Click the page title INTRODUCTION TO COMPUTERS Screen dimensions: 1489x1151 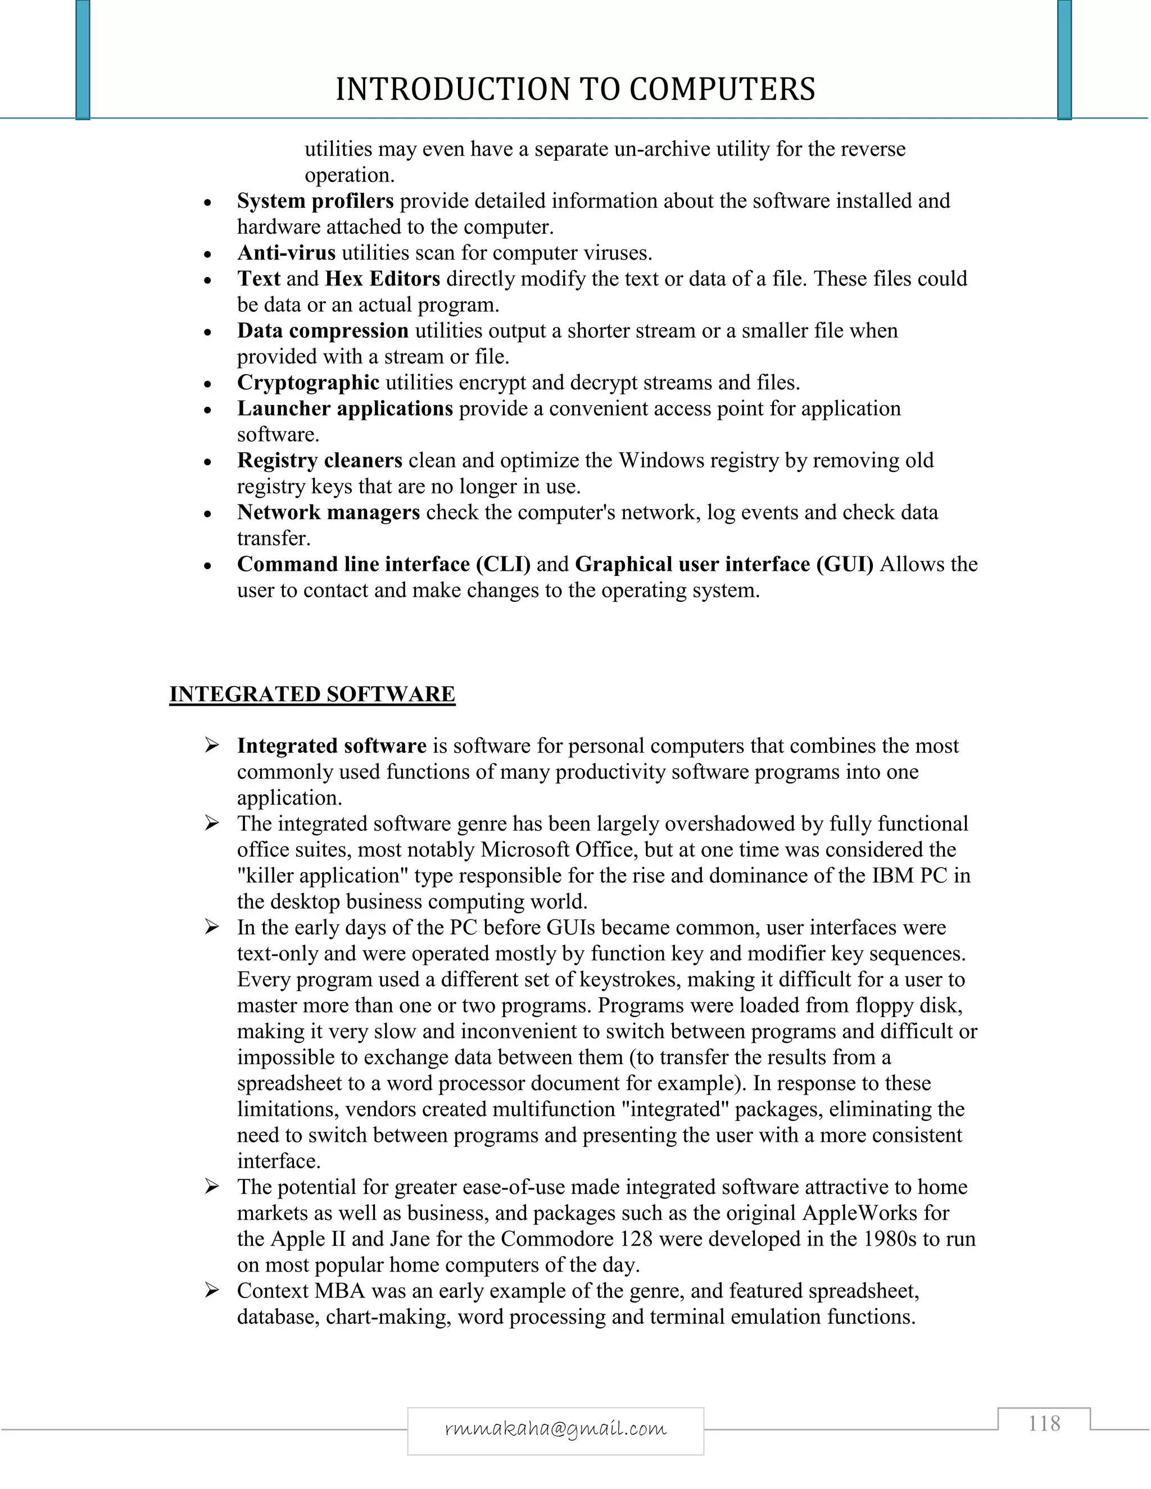click(575, 89)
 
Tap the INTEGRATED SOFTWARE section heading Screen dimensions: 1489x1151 click(312, 694)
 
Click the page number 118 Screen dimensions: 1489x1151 click(1044, 1424)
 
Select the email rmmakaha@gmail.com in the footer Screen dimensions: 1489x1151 click(555, 1428)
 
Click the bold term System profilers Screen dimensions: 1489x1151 click(315, 201)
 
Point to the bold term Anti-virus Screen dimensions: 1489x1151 click(287, 253)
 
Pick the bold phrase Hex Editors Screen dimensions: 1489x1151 click(383, 279)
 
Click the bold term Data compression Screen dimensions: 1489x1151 click(323, 330)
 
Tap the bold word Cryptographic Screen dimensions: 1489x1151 click(308, 383)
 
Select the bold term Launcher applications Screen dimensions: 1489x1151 click(345, 408)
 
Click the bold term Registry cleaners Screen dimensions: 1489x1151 click(320, 460)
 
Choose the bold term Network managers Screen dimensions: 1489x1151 click(328, 512)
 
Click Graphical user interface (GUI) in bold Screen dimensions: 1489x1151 click(724, 565)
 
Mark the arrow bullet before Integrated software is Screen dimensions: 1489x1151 click(212, 746)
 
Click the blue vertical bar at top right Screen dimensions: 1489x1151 click(1064, 60)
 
